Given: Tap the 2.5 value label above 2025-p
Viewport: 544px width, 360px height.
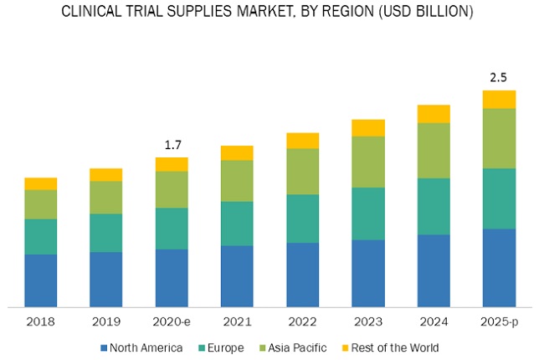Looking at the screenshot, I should click(x=499, y=77).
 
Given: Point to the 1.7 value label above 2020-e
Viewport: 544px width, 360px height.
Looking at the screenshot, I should click(x=172, y=145).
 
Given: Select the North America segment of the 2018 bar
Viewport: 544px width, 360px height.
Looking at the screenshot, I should click(x=41, y=280).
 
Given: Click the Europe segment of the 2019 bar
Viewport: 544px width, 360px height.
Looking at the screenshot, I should click(x=106, y=233).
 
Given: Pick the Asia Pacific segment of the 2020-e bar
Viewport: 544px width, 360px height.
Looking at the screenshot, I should click(x=172, y=189).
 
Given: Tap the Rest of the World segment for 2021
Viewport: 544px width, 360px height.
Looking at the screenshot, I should click(x=237, y=152).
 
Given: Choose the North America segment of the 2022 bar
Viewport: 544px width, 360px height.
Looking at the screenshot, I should click(x=302, y=275).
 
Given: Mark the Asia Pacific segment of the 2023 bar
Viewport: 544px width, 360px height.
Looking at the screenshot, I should click(x=367, y=162).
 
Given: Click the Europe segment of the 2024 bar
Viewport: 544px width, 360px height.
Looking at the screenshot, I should click(x=434, y=206).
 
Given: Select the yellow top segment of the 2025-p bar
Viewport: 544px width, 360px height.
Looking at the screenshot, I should click(x=499, y=100).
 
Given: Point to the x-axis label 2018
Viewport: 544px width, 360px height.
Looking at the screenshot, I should click(x=41, y=322).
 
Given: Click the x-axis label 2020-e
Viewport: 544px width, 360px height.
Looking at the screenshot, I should click(x=172, y=322).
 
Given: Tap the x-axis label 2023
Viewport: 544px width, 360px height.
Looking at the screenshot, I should click(x=367, y=322).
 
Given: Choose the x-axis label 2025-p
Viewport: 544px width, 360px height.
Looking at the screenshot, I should click(x=499, y=322).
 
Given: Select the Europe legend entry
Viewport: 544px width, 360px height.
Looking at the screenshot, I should click(x=222, y=347).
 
